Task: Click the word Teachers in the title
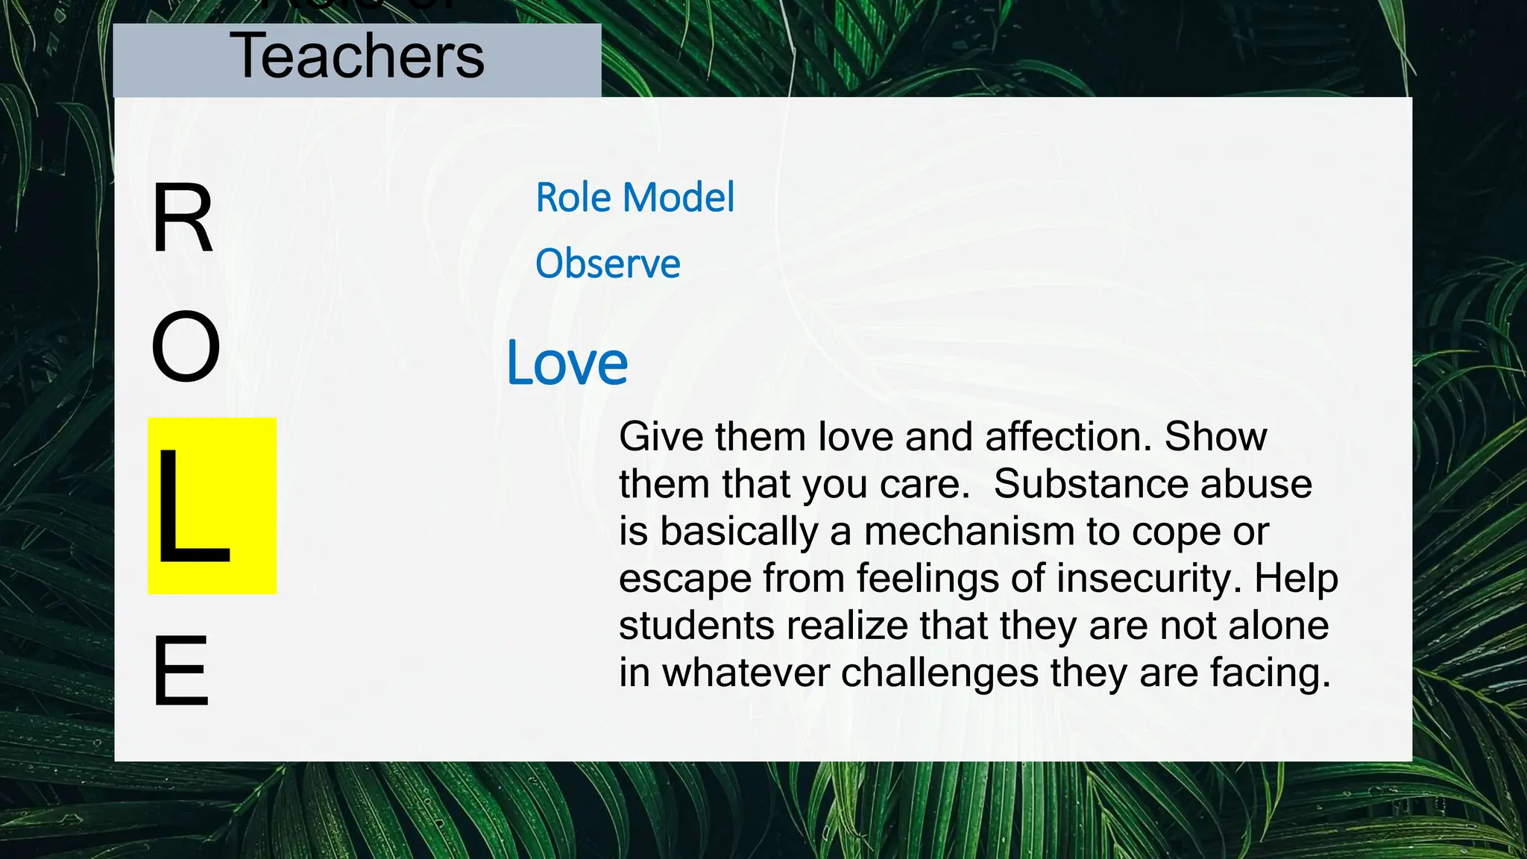[x=357, y=57]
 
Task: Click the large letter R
[x=182, y=219]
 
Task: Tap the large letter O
[x=186, y=347]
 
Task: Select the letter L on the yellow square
[x=192, y=508]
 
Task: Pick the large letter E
[x=180, y=670]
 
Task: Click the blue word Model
[x=679, y=198]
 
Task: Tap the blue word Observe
[x=608, y=264]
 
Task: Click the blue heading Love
[x=567, y=364]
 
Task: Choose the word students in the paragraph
[x=696, y=626]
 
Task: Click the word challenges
[x=939, y=673]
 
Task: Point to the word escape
[x=685, y=579]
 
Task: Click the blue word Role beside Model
[x=573, y=198]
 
